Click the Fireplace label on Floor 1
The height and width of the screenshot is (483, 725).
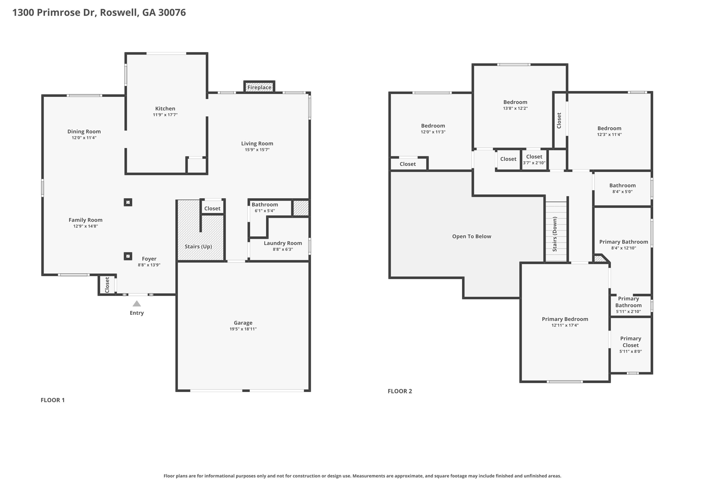click(259, 87)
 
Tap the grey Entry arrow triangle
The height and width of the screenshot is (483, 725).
click(137, 304)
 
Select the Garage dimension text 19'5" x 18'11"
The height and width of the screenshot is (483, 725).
click(243, 329)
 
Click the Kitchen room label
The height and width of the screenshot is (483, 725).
click(165, 109)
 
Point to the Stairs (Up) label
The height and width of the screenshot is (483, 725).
click(198, 247)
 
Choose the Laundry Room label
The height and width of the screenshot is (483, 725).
click(283, 243)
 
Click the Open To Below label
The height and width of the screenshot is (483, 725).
click(472, 236)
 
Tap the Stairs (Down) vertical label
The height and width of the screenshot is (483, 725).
click(555, 234)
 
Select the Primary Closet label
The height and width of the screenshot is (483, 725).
click(630, 342)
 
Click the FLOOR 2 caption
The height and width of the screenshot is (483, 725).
click(400, 391)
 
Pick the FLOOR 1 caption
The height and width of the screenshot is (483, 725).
click(53, 400)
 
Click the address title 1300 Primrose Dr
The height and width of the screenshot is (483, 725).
click(53, 13)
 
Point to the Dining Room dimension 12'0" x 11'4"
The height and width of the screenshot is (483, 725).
click(84, 138)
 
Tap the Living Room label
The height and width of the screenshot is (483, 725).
click(257, 144)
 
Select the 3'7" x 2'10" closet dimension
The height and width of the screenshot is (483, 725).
click(534, 163)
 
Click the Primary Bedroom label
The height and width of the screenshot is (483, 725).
click(565, 319)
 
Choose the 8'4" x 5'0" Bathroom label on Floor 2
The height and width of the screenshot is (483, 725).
click(622, 185)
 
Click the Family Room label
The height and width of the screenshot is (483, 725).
click(85, 220)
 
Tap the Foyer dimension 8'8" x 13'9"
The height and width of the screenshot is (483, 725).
click(149, 265)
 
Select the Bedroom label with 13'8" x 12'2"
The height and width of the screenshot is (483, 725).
click(515, 102)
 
